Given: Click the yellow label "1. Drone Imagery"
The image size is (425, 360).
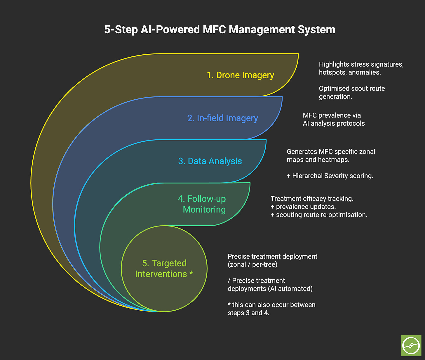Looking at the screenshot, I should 240,75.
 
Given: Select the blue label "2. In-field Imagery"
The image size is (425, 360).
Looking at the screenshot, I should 222,118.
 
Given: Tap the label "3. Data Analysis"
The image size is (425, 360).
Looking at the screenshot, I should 210,161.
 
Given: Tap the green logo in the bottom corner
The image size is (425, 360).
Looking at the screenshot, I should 411,345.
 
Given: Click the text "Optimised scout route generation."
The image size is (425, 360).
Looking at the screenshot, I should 352,92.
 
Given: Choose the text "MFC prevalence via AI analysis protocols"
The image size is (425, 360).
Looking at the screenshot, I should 334,119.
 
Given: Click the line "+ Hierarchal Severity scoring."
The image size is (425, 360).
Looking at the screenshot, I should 330,176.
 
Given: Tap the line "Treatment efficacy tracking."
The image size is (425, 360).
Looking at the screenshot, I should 312,199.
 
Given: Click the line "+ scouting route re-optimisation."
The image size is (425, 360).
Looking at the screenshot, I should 319,215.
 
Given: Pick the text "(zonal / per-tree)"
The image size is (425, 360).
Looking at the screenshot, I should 252,264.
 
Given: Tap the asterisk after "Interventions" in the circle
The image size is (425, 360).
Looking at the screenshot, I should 191,274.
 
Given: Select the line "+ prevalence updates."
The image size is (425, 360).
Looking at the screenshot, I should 303,207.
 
